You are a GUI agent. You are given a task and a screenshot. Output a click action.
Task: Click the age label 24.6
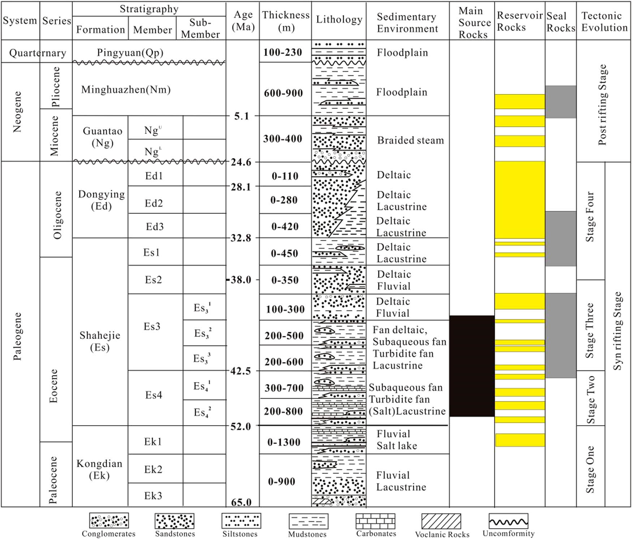[241, 162]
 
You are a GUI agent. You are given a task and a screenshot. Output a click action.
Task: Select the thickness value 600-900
[283, 93]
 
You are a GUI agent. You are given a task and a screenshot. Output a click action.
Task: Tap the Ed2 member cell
[154, 203]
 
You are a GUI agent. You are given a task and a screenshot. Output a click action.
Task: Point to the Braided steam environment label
[410, 140]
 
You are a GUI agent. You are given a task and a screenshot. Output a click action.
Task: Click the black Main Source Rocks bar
[472, 366]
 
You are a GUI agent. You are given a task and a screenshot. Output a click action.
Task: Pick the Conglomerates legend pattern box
[109, 521]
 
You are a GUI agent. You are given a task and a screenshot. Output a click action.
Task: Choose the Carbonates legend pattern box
[376, 521]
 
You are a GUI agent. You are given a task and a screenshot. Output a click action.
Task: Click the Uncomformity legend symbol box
[508, 521]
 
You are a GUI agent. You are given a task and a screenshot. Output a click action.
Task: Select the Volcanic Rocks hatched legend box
[441, 521]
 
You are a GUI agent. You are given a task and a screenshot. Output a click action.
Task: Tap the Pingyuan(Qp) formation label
[130, 53]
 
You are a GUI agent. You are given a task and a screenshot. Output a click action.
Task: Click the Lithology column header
[339, 20]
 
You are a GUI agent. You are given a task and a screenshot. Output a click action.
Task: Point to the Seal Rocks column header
[560, 22]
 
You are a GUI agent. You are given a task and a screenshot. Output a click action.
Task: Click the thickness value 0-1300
[284, 442]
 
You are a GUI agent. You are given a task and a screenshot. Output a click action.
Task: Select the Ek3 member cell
[153, 496]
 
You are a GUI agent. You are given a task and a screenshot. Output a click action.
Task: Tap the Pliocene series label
[55, 87]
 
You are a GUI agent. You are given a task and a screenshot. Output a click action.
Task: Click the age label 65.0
[241, 502]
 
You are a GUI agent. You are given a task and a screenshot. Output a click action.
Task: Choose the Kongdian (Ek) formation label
[99, 469]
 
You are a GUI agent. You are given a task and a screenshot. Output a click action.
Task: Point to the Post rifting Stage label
[602, 105]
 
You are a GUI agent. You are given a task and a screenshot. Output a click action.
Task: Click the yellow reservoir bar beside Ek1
[520, 440]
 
